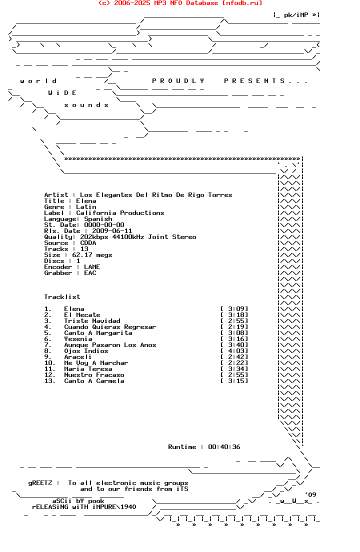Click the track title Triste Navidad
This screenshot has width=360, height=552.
[92, 321]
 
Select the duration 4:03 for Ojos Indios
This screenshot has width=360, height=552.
[234, 351]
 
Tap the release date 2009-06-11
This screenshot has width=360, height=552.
[108, 231]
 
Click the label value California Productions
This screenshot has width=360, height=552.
[120, 213]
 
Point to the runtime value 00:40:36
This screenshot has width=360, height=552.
[224, 447]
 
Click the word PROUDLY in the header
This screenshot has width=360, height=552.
[178, 81]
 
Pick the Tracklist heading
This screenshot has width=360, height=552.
[62, 297]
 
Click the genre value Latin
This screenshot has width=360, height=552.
[86, 207]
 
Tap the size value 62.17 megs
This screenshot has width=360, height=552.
[92, 255]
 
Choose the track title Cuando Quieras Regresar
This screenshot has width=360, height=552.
[110, 327]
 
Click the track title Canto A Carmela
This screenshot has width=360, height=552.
[94, 381]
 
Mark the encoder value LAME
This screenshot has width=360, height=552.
[92, 267]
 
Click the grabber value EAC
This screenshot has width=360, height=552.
[90, 273]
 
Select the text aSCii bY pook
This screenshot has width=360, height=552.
[78, 501]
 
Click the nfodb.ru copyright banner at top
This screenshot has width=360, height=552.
[180, 3]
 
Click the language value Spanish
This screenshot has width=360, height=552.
[98, 219]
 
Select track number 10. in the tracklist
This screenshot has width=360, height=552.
[49, 363]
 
